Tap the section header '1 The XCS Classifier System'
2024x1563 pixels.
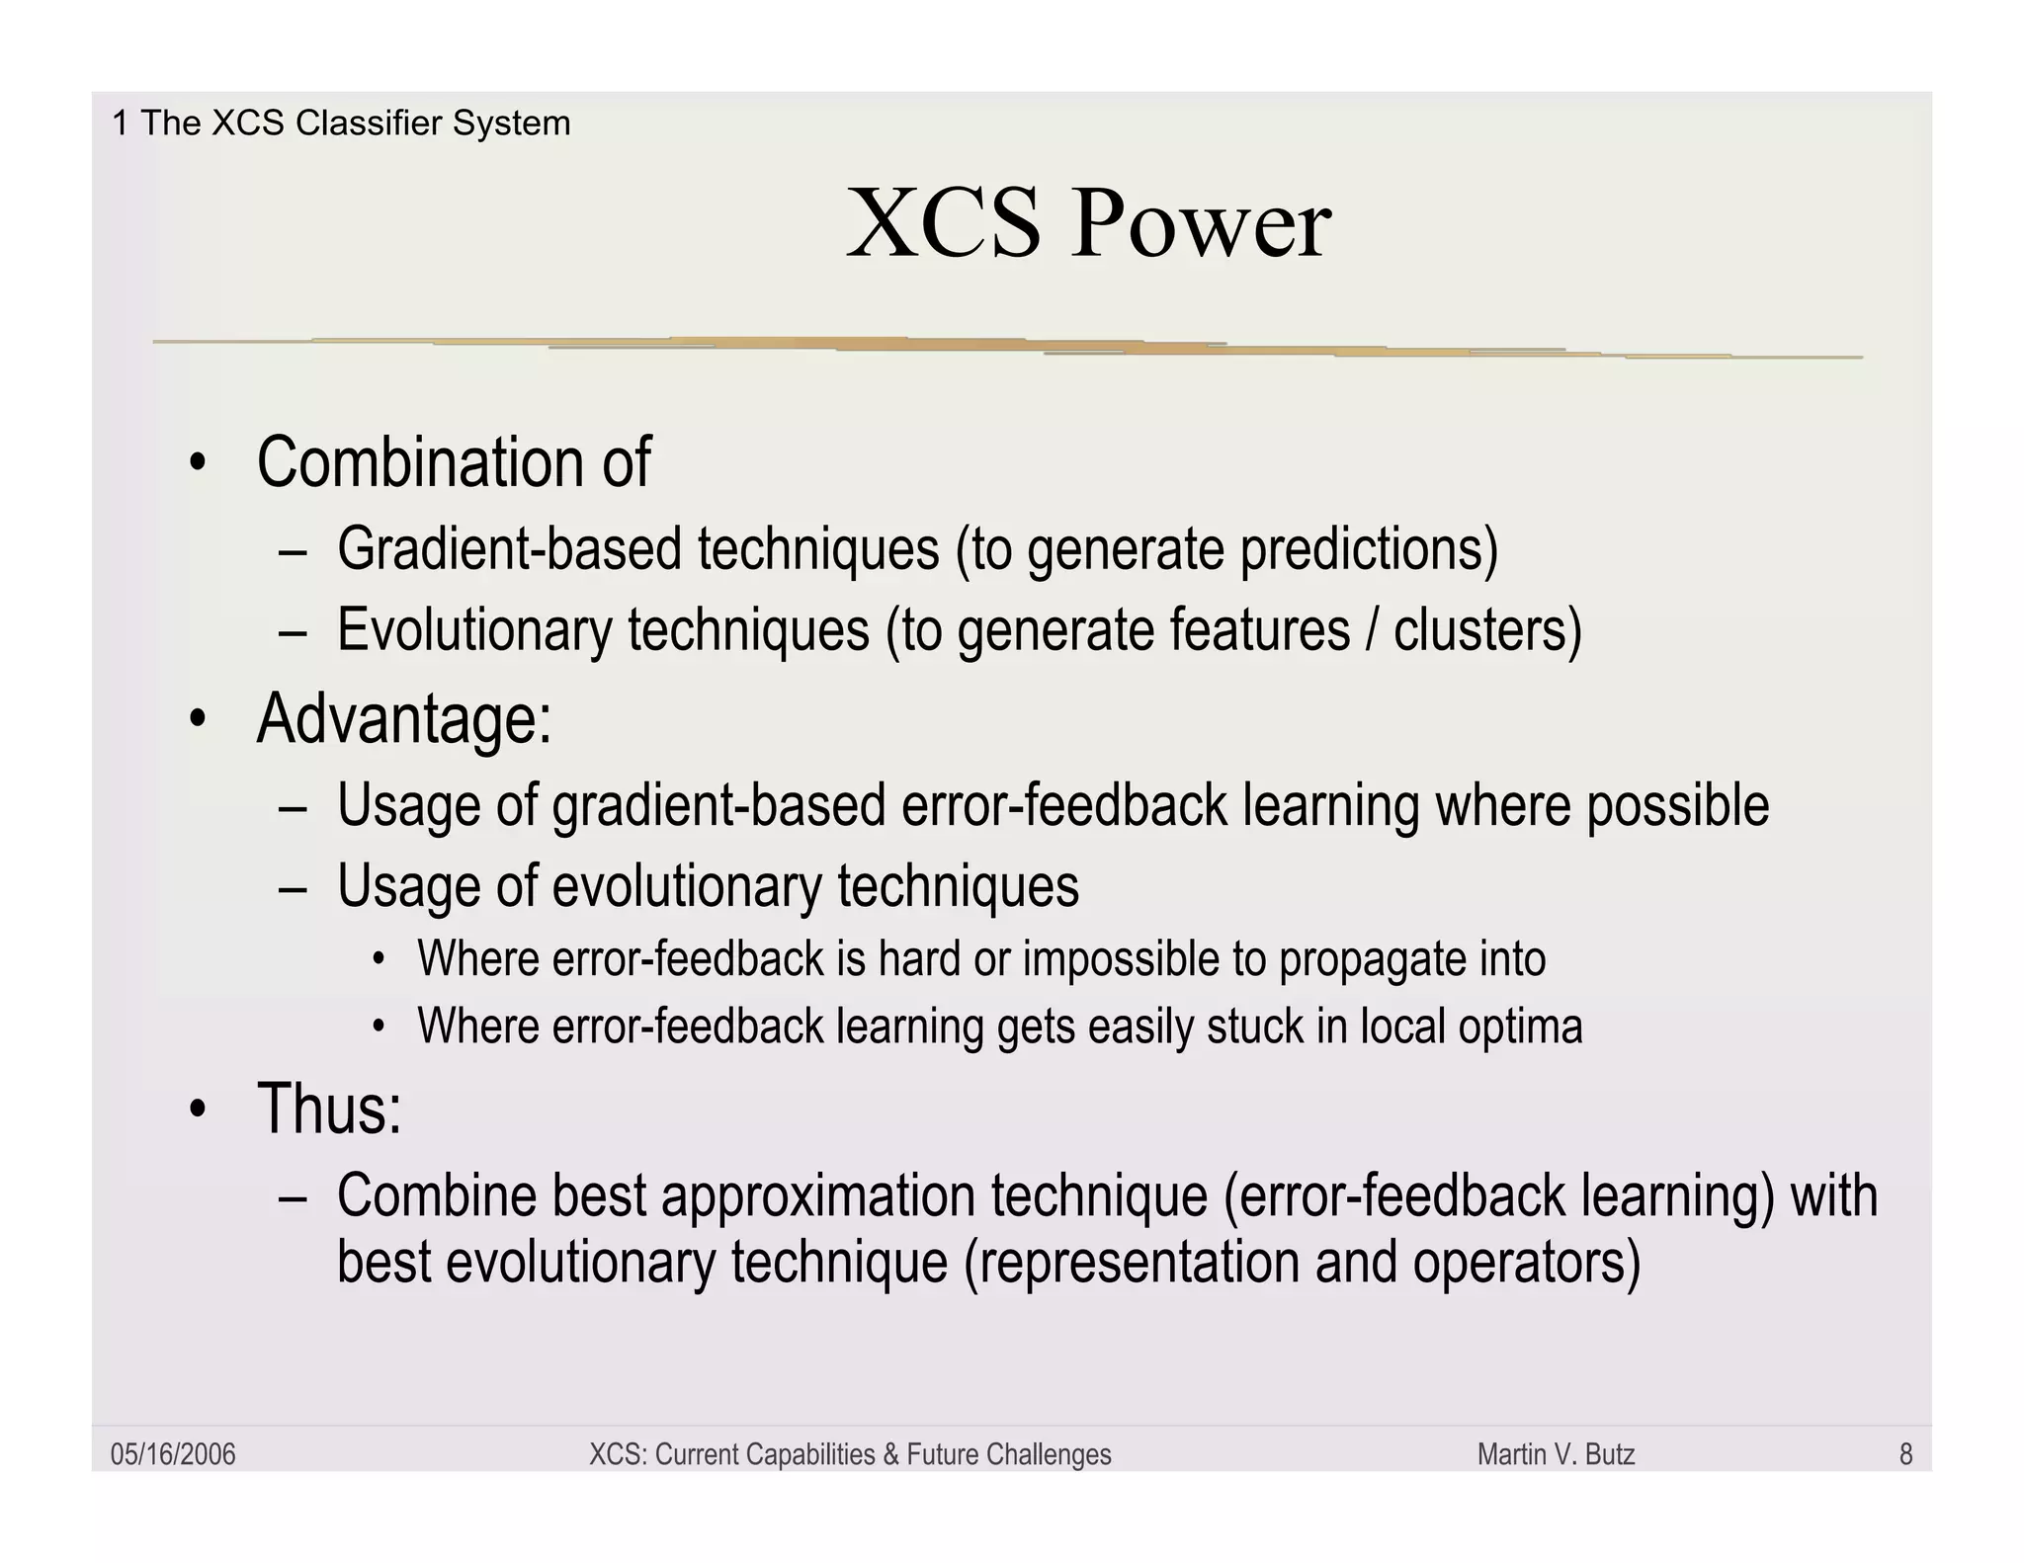[x=341, y=123]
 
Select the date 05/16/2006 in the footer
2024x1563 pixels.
[x=173, y=1454]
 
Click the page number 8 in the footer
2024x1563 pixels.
[x=1905, y=1454]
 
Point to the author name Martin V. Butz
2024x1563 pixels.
[x=1556, y=1454]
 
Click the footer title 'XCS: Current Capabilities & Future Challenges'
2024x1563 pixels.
[x=850, y=1454]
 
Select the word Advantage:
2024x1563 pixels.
[x=404, y=718]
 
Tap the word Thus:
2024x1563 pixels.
[x=329, y=1109]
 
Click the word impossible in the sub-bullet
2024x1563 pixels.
[x=1120, y=959]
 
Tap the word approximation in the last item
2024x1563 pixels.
[x=817, y=1196]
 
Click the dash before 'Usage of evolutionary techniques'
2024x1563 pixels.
[x=294, y=887]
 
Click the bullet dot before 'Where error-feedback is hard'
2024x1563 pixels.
[x=378, y=959]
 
